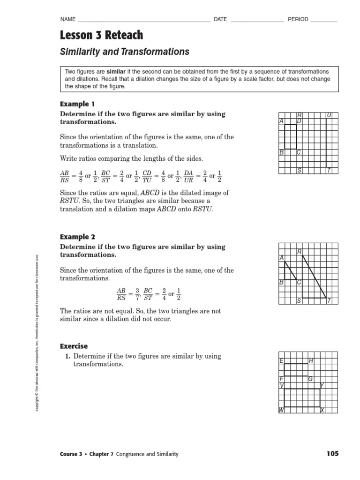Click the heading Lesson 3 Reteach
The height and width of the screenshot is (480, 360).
pyautogui.click(x=101, y=35)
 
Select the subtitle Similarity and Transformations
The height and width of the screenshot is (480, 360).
pyautogui.click(x=124, y=52)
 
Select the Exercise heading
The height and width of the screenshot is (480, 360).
pyautogui.click(x=74, y=346)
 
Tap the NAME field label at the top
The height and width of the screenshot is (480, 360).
pyautogui.click(x=68, y=19)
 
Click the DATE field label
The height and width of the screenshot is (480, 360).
pyautogui.click(x=220, y=19)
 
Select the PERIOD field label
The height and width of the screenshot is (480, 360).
pyautogui.click(x=298, y=19)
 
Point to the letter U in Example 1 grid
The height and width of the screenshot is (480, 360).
pyautogui.click(x=329, y=115)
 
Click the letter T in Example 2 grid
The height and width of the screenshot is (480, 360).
pyautogui.click(x=329, y=301)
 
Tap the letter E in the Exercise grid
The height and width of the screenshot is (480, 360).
pyautogui.click(x=281, y=360)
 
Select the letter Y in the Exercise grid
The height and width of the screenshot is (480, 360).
pyautogui.click(x=322, y=385)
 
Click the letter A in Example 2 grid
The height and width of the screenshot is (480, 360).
pyautogui.click(x=281, y=258)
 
